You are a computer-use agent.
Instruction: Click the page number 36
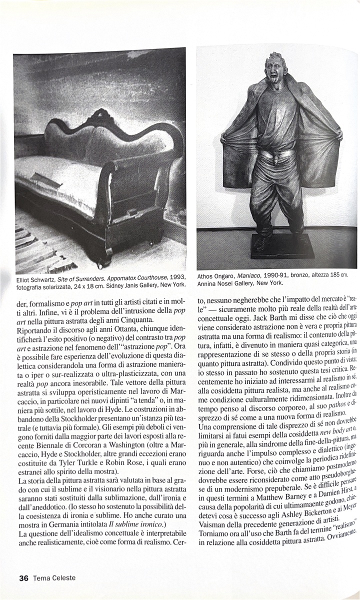point(23,578)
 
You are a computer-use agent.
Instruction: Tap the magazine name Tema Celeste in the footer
point(54,578)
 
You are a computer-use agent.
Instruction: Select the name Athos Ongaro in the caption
point(215,275)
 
